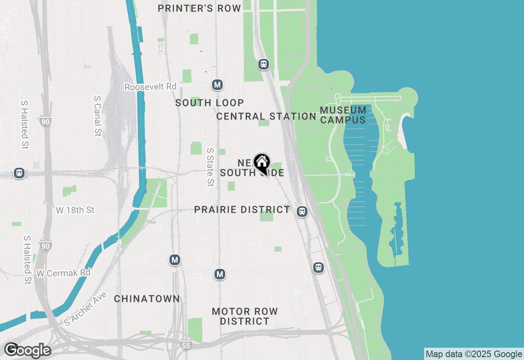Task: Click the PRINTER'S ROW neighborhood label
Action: tap(199, 9)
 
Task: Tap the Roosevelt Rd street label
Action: tap(150, 87)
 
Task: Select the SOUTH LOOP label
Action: tap(210, 103)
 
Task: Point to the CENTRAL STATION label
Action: tap(266, 117)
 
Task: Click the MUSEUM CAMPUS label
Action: tap(343, 115)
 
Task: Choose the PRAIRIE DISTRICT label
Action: tap(242, 210)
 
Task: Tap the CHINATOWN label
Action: tap(147, 299)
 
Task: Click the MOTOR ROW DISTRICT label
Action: tap(245, 316)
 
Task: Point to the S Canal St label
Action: tap(97, 116)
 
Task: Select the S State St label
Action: tap(210, 167)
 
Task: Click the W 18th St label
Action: tap(75, 210)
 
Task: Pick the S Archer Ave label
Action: tap(85, 309)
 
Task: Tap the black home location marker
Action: tap(262, 163)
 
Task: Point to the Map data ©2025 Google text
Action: tap(474, 354)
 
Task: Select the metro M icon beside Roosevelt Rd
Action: tap(217, 85)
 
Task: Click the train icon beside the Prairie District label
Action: tap(302, 211)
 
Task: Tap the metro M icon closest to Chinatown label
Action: tap(175, 260)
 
